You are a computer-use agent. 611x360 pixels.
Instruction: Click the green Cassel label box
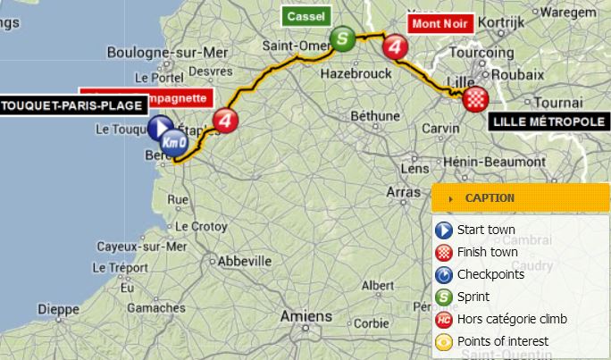pos(305,16)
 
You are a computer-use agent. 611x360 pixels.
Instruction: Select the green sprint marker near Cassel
pos(342,38)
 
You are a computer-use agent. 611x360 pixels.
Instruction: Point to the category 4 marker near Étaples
pos(228,120)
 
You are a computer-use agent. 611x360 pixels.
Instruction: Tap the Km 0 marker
pos(174,140)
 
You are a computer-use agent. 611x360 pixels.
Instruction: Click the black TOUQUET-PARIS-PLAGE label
pos(71,106)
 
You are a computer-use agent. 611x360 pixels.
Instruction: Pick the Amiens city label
pos(305,316)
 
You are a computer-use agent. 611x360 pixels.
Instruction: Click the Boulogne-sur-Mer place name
pos(167,52)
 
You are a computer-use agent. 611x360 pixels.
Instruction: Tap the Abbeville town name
pos(244,261)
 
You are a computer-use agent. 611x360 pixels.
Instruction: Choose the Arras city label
pos(402,191)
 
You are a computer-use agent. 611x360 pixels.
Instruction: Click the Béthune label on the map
pos(374,115)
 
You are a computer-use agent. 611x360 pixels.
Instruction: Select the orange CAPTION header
pos(507,198)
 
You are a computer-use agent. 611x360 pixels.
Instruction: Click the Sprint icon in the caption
pos(444,297)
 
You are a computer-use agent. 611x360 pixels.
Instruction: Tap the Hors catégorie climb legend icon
pos(444,319)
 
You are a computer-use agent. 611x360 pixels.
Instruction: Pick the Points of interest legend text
pos(502,341)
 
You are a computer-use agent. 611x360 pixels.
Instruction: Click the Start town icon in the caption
pos(444,230)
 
